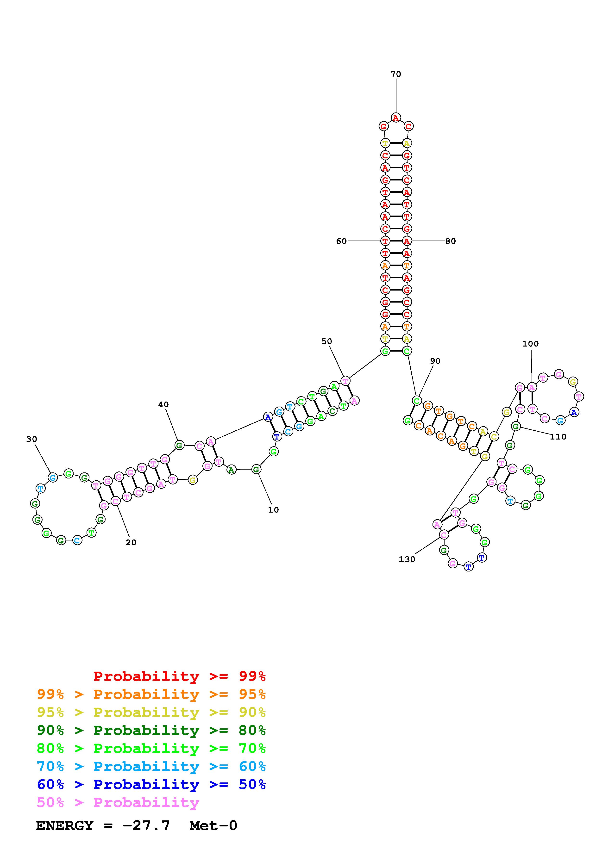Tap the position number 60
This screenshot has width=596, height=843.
[341, 241]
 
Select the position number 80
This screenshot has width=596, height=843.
[450, 241]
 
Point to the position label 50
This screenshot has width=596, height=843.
[326, 341]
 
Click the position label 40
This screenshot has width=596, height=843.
[163, 405]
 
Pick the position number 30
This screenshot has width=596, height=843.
[31, 439]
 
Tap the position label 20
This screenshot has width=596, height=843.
[131, 543]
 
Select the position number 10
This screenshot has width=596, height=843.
[273, 510]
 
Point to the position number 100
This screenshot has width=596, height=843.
[530, 344]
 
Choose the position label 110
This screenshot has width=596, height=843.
[558, 437]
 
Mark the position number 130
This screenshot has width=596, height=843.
[407, 559]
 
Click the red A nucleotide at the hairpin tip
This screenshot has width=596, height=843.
[395, 118]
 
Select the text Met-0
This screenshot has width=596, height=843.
[213, 826]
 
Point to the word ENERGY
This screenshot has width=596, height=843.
[65, 826]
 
